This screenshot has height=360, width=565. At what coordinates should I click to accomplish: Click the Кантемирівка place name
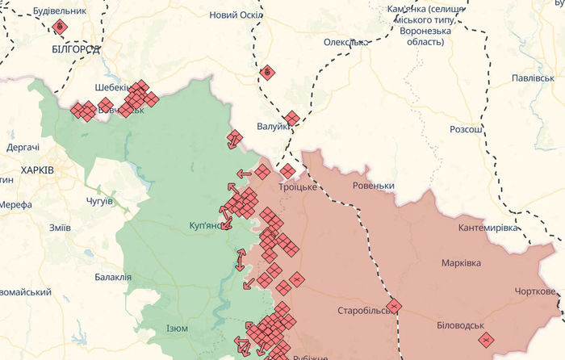point(488,228)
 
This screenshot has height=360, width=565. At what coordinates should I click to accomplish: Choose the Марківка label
point(461,263)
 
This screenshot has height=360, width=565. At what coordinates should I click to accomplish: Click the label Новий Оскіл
point(234,15)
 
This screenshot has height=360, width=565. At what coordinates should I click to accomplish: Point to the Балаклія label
point(112,277)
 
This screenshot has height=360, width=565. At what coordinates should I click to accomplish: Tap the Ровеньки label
point(374,186)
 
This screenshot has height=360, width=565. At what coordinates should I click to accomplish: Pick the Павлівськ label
point(532,78)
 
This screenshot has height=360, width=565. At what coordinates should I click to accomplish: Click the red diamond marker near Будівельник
point(59,27)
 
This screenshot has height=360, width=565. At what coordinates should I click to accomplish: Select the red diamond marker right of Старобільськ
point(394,306)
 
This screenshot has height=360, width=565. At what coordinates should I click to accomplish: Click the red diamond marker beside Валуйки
point(291,119)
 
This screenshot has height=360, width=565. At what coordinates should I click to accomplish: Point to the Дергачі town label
point(23,147)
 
